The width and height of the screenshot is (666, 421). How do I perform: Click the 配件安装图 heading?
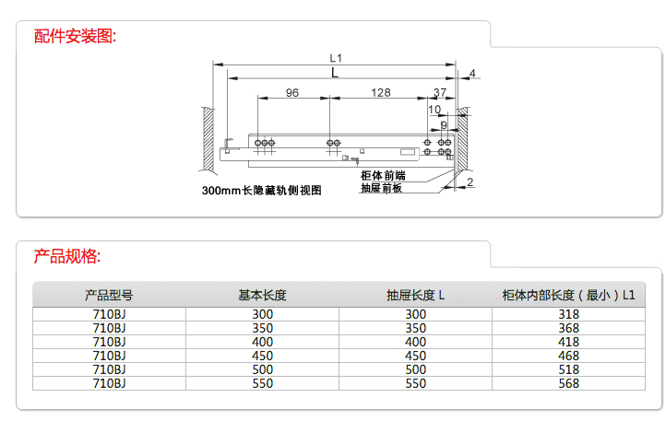point(76,37)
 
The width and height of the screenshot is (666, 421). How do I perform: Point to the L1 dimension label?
point(336,57)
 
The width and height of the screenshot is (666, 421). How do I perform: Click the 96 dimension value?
point(292,93)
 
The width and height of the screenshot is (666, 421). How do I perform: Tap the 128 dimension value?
point(380,93)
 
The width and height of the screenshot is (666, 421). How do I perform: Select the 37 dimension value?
point(439,93)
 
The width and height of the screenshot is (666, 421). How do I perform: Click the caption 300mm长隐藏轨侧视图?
point(262,191)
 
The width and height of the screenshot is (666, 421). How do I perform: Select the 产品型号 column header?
point(109,296)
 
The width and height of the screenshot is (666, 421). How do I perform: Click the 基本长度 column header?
point(262,296)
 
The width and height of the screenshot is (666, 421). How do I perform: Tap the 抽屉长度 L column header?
point(416,296)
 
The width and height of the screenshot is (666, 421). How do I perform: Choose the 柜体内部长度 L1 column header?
point(569,296)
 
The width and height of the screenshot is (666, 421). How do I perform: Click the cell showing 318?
point(569,314)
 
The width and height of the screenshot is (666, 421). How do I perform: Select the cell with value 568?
point(569,383)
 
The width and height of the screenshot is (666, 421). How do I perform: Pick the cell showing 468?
point(569,356)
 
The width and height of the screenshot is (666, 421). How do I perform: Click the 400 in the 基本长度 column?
point(262,342)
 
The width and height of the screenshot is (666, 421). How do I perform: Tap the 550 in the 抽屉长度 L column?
point(416,383)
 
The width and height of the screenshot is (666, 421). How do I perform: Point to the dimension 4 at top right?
point(471,74)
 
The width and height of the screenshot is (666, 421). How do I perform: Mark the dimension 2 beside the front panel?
point(470,181)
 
